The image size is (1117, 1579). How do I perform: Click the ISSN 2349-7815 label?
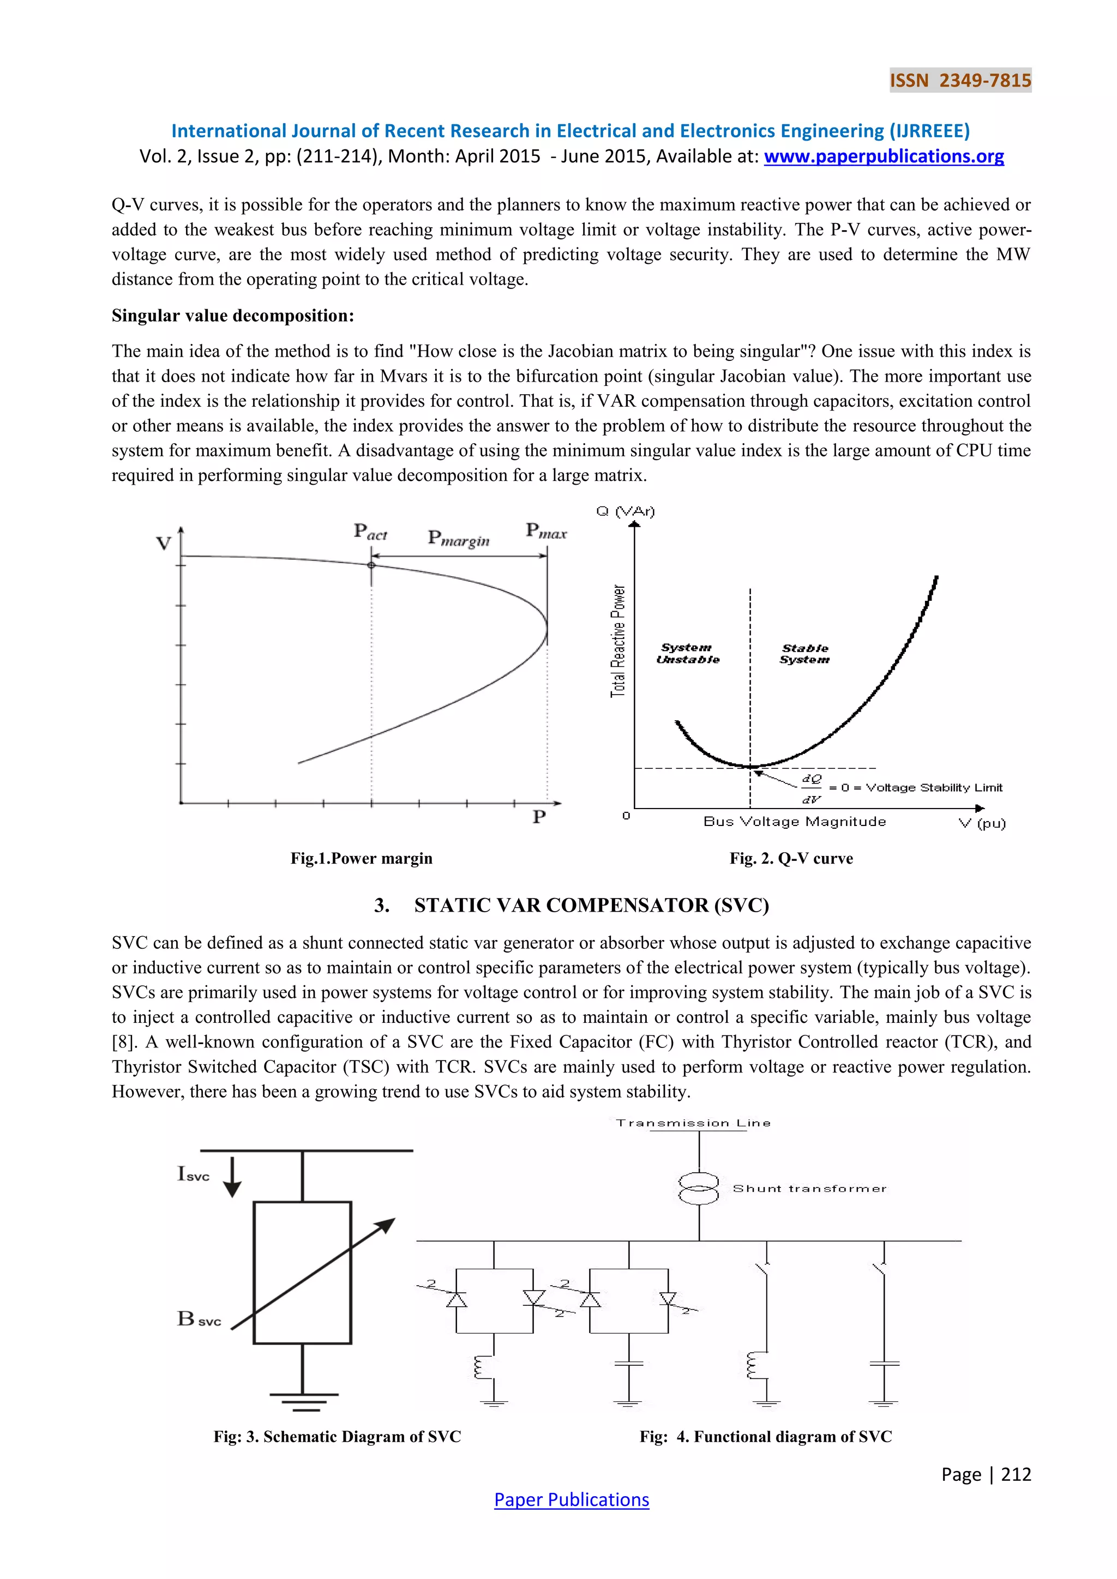click(960, 81)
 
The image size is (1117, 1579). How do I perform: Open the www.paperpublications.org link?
click(883, 157)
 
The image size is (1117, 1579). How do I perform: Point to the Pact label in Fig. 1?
click(370, 532)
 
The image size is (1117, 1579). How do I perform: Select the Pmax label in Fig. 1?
click(546, 531)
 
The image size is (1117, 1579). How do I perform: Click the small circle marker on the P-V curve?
click(371, 565)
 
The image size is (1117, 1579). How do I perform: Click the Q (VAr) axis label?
click(625, 511)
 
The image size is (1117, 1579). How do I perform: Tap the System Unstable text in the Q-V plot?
click(687, 653)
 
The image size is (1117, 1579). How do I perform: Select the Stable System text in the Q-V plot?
click(804, 653)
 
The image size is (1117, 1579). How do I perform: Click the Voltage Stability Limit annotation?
click(933, 787)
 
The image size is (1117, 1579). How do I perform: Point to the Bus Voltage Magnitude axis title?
click(795, 821)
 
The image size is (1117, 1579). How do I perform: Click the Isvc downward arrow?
click(232, 1177)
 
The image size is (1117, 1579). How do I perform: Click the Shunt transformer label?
click(809, 1189)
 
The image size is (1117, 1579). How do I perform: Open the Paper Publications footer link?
click(571, 1500)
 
